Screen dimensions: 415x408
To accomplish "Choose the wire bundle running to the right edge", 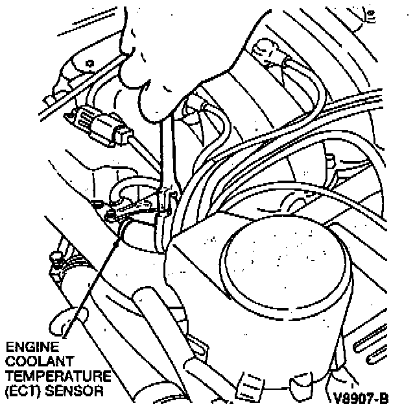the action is pos(363,130).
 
